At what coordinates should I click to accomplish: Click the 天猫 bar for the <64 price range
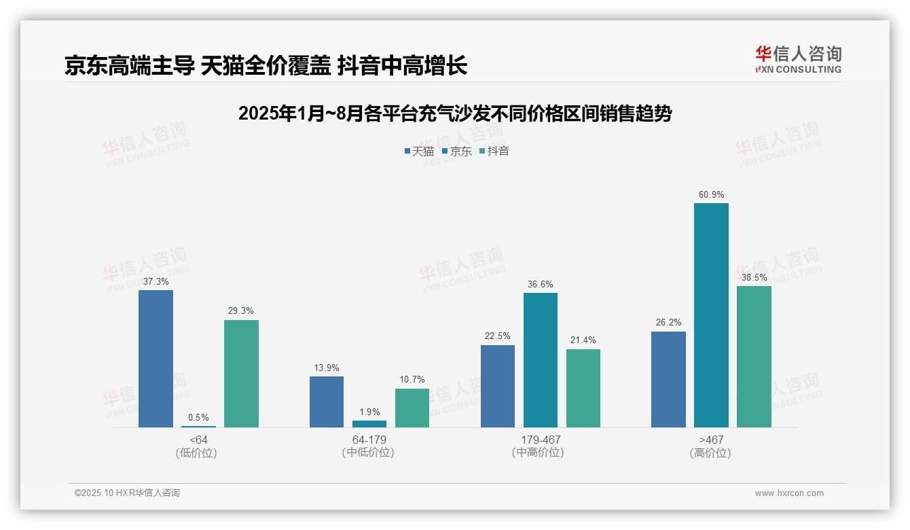(x=156, y=359)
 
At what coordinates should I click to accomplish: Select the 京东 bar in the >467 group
(x=711, y=315)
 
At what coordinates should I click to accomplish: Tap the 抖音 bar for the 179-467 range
(x=583, y=388)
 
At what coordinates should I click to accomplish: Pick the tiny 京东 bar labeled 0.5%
(x=198, y=426)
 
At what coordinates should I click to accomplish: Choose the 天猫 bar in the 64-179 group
(x=327, y=402)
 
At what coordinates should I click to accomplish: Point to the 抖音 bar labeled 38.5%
(x=754, y=357)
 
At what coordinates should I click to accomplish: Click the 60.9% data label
(x=711, y=195)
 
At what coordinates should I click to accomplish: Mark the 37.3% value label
(x=156, y=281)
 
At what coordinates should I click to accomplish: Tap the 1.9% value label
(x=369, y=412)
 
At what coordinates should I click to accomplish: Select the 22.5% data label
(x=498, y=336)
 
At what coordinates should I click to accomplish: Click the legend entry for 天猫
(x=419, y=151)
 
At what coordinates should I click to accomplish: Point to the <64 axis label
(x=198, y=440)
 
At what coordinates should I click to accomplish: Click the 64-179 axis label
(x=369, y=440)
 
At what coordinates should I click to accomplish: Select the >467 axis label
(x=711, y=440)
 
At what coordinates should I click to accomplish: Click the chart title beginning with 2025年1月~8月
(x=454, y=113)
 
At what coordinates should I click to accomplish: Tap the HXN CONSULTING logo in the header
(x=798, y=60)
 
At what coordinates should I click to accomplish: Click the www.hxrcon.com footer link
(x=789, y=493)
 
